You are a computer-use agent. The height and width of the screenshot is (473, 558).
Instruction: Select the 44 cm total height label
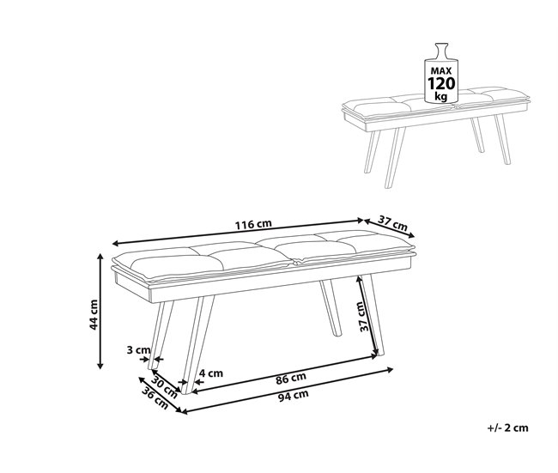click(95, 314)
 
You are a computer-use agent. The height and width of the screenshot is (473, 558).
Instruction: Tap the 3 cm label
click(138, 350)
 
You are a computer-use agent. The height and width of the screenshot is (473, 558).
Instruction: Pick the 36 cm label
click(155, 397)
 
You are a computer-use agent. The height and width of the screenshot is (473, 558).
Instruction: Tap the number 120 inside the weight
click(441, 82)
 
